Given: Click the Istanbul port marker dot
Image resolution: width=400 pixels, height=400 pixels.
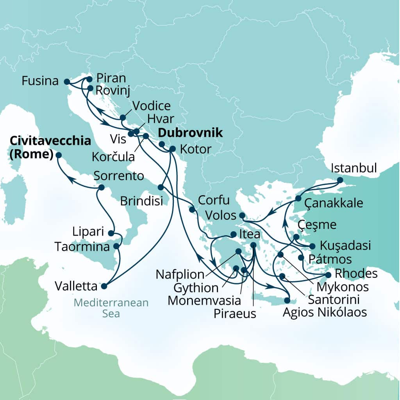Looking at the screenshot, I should pos(340,180).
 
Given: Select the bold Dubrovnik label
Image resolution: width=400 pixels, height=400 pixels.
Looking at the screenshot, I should pos(190,133).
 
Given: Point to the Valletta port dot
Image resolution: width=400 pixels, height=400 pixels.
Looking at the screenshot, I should pos(104,286).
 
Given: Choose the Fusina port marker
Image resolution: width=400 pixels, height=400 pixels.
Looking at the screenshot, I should pos(66,82).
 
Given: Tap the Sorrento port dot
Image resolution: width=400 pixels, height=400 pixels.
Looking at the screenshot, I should pos(101,187).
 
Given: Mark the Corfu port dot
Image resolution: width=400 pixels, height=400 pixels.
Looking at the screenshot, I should pos(192,210).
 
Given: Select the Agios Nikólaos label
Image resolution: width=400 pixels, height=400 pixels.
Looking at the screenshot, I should pos(325,312).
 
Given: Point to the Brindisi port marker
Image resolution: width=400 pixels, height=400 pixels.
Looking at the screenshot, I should pos(161,187).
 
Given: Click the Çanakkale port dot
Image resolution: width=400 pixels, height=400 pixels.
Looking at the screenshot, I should pos(298,198).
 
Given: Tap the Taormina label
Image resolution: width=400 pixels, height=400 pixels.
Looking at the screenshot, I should pos(82,247).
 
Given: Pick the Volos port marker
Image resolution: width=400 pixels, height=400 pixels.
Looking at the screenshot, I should pos(242,215).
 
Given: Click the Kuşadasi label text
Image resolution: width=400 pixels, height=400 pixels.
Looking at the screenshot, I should pos(345,246).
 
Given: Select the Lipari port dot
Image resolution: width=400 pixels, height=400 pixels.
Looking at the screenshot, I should pos(111,234).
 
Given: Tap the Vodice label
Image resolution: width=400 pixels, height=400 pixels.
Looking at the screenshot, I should pos(152,105).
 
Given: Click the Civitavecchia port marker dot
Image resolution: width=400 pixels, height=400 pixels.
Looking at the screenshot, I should pos(59,155).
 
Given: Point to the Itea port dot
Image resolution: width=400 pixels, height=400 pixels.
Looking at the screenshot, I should pos(233,234).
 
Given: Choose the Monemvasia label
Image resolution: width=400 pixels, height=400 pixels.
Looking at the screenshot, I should pos(204,300).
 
